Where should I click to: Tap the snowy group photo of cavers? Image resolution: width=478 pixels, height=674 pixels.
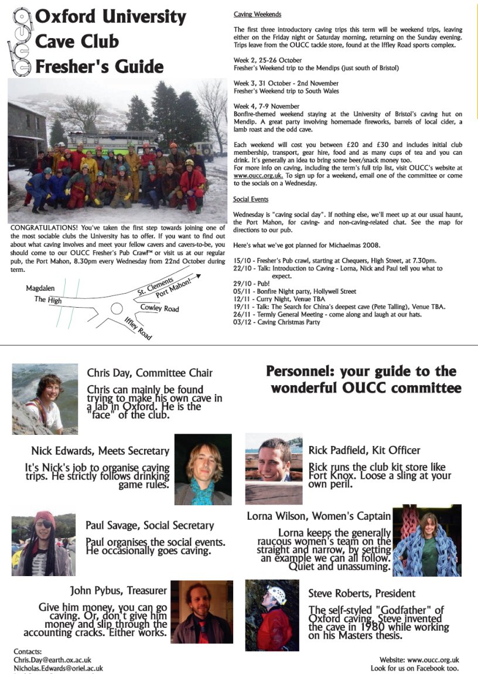(117, 148)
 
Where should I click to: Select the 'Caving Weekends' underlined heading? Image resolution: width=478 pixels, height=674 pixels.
(257, 14)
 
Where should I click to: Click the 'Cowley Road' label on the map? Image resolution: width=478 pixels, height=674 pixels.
(159, 308)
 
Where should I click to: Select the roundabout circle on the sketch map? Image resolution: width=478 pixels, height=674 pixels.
(117, 308)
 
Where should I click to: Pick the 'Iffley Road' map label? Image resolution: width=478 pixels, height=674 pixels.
(138, 328)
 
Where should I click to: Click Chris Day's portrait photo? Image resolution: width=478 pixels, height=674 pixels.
(45, 399)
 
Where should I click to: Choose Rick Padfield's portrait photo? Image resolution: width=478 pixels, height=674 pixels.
(274, 468)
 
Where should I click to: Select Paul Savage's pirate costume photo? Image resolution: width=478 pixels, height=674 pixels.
(43, 543)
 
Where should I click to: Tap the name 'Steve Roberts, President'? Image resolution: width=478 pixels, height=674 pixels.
(361, 594)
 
